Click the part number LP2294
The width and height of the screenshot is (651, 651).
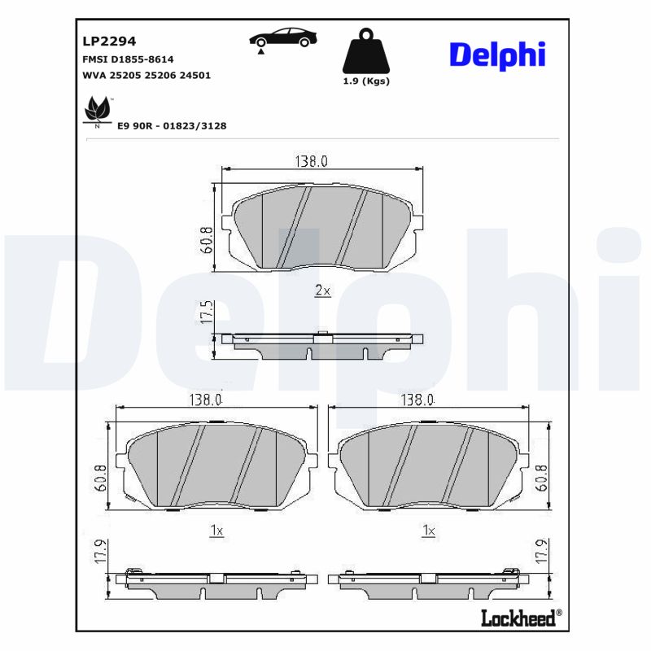tap(109, 41)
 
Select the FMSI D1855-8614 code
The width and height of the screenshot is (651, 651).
tap(128, 59)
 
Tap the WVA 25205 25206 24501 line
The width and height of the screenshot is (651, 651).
tap(146, 75)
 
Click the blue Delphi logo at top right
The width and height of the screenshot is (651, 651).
tap(496, 55)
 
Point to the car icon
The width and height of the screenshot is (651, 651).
tap(283, 39)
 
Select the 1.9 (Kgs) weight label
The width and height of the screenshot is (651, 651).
tap(366, 81)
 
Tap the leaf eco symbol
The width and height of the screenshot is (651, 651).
tap(97, 111)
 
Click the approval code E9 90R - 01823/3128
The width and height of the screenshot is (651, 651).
tap(172, 126)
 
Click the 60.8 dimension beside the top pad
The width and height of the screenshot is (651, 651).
tap(207, 240)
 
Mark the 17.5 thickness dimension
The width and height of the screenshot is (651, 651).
tap(207, 313)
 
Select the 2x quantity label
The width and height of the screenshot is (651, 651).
tap(322, 291)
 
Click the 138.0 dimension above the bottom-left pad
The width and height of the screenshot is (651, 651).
tap(206, 400)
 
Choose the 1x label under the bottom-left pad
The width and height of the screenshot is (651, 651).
tap(216, 531)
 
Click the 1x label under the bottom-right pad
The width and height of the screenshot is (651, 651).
tap(429, 531)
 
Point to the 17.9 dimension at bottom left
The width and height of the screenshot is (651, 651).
tap(100, 553)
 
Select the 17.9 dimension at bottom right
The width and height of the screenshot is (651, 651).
tap(541, 553)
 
